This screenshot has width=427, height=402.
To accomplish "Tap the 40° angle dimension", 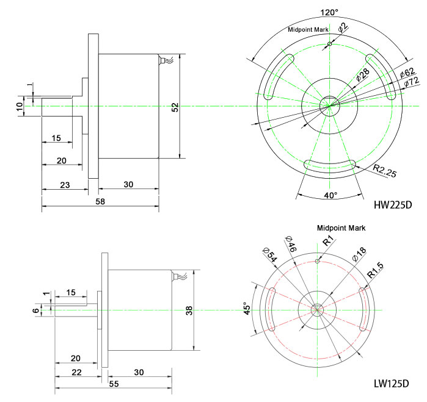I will tap(330, 195).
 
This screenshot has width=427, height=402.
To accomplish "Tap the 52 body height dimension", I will tap(175, 107).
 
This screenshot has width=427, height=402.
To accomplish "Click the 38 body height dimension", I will tap(191, 309).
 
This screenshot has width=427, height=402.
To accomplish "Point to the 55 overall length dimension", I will tap(114, 383).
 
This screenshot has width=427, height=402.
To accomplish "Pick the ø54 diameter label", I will tap(269, 254).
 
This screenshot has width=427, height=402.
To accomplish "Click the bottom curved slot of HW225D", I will tap(330, 164).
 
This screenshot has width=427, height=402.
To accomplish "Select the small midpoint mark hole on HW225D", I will tap(329, 43).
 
